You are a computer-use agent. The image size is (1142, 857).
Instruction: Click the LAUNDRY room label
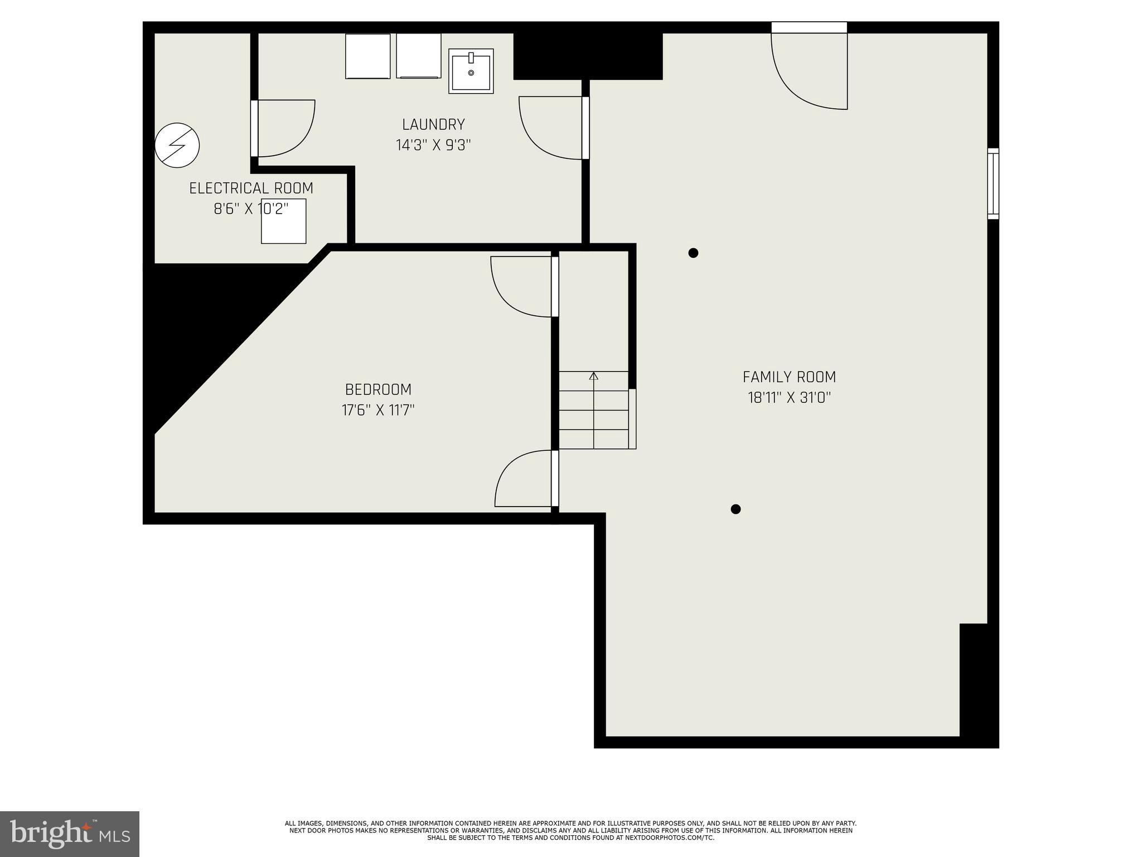click(433, 124)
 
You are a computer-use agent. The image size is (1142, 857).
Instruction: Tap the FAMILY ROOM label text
click(789, 377)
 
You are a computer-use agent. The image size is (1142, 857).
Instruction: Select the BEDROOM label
click(378, 389)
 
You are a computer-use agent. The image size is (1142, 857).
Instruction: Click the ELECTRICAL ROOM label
click(251, 189)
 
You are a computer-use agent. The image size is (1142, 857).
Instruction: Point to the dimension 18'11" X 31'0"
click(789, 398)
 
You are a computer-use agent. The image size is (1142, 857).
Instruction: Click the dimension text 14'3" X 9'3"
click(433, 146)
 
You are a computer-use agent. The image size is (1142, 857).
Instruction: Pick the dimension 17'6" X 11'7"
click(378, 411)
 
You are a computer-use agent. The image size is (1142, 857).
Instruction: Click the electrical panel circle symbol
click(177, 145)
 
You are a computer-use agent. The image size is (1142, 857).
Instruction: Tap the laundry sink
click(471, 71)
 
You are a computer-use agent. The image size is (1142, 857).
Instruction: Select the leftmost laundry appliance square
click(367, 56)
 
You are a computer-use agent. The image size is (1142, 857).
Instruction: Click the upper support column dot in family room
click(693, 253)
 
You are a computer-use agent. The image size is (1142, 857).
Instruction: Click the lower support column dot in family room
click(735, 509)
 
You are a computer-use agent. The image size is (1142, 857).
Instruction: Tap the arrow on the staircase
click(594, 377)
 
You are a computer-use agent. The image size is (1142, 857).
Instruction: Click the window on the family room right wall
click(993, 183)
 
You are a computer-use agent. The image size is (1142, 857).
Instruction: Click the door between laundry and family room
click(552, 127)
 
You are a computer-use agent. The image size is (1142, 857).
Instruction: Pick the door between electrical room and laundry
click(283, 128)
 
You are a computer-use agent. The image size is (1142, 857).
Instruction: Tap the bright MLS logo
click(70, 834)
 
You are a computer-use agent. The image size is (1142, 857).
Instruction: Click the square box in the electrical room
click(283, 221)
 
